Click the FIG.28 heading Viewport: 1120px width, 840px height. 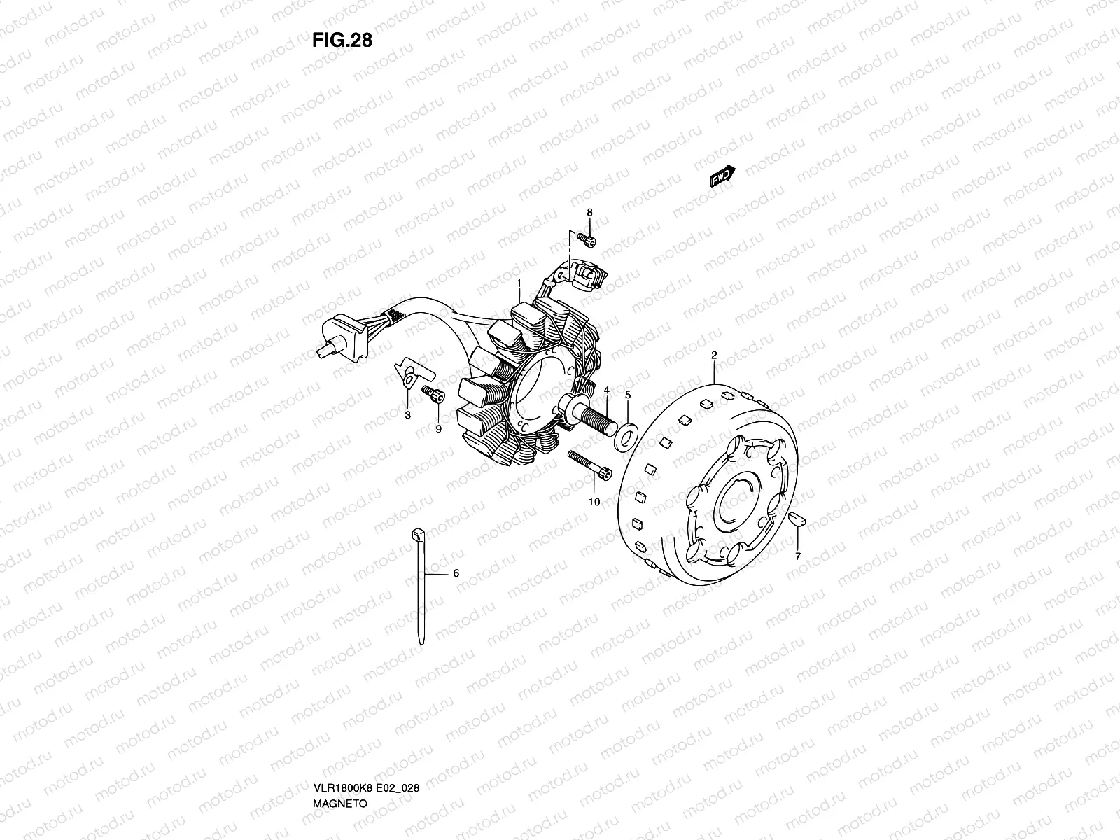click(x=342, y=40)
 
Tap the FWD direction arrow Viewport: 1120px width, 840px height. click(x=723, y=176)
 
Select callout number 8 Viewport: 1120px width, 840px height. click(x=589, y=213)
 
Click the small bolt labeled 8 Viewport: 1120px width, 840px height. click(x=587, y=239)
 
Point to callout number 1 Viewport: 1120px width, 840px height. click(x=519, y=283)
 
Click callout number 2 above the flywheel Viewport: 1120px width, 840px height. click(x=714, y=355)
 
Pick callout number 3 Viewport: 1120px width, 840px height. click(x=407, y=416)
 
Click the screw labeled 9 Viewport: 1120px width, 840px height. click(x=433, y=395)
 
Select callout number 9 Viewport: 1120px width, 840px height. click(x=438, y=430)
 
